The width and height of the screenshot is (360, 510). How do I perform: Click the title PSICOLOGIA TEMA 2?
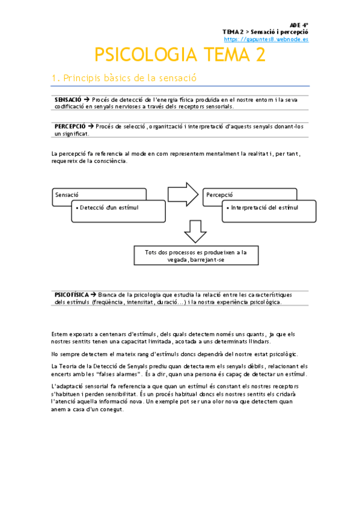coord(180,55)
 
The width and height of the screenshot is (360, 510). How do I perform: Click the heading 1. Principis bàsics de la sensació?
coord(124,78)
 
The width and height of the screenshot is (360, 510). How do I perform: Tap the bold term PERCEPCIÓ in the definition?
coord(70,126)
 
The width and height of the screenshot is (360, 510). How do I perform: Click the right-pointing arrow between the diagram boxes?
coord(183,194)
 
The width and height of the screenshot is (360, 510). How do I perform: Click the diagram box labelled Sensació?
coord(99,195)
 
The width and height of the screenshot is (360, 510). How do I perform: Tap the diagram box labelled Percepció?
coord(250,195)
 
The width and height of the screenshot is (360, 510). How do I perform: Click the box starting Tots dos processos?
coord(195,255)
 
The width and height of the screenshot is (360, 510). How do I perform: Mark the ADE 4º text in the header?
coord(299,25)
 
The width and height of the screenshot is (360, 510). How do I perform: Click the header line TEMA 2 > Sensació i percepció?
coord(265,32)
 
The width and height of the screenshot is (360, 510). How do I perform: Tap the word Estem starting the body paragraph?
coord(59,333)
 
